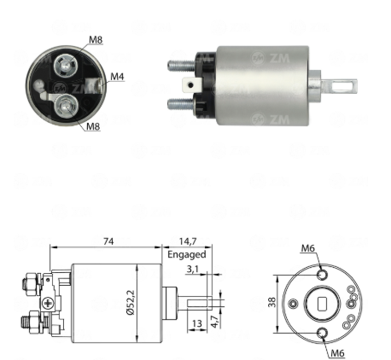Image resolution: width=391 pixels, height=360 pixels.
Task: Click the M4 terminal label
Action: click(117, 77)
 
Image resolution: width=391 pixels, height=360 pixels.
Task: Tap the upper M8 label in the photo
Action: click(96, 39)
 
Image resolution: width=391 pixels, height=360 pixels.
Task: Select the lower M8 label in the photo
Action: click(93, 126)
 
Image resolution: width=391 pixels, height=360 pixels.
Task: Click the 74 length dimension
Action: click(108, 241)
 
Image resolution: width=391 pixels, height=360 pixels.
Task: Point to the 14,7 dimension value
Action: click(188, 241)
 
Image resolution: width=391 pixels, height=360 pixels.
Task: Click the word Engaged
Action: click(187, 254)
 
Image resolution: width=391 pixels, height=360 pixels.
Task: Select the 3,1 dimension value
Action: click(193, 269)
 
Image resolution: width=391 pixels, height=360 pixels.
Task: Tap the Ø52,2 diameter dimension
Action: click(131, 302)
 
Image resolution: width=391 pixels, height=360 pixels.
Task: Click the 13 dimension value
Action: click(197, 323)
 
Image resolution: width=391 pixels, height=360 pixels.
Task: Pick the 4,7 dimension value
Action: click(216, 322)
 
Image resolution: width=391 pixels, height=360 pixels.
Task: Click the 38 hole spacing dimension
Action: click(272, 302)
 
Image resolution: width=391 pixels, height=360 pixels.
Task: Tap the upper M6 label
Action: click(308, 248)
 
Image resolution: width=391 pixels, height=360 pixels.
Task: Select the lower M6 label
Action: click(337, 353)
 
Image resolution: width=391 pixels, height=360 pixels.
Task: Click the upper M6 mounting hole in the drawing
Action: click(323, 275)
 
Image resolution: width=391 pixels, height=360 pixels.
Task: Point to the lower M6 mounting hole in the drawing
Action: click(323, 333)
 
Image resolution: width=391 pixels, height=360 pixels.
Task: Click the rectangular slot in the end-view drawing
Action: click(323, 304)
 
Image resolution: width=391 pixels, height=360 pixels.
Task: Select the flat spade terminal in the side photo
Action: click(192, 84)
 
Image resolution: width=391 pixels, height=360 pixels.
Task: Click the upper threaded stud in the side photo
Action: click(182, 67)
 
